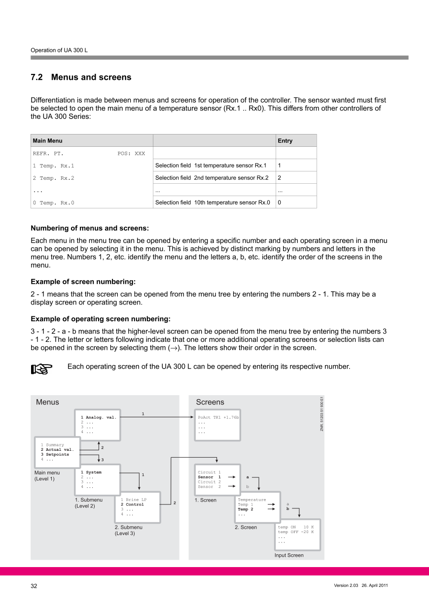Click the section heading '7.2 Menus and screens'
coord(81,77)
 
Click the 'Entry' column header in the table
coord(285,141)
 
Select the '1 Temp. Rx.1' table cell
coord(53,166)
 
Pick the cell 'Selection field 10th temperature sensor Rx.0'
coord(213,202)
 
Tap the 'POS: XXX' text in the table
coord(131,153)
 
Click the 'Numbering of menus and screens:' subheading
coord(89,228)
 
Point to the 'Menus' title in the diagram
coord(47,402)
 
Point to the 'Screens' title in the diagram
coord(210,402)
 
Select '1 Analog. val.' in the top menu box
coord(98,417)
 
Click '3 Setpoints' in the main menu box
coord(55,454)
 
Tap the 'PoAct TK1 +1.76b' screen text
coord(218,417)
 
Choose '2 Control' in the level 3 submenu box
coord(132,505)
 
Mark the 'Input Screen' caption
coord(289,555)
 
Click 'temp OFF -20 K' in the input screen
coord(296,532)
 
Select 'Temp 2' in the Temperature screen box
coord(246,509)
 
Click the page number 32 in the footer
coord(34,586)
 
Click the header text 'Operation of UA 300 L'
coord(59,50)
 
